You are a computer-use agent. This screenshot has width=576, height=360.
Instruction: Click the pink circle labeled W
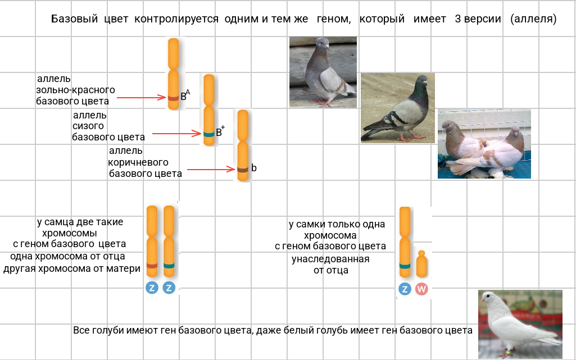tap(421, 289)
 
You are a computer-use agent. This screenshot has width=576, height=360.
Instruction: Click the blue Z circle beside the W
tap(405, 289)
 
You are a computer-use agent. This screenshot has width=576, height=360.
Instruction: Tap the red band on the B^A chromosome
tap(174, 98)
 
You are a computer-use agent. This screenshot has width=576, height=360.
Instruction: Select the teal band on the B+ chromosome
tap(208, 134)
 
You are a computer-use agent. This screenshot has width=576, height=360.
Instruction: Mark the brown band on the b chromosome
tap(243, 170)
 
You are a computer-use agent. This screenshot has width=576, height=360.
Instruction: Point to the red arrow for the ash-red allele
tap(142, 98)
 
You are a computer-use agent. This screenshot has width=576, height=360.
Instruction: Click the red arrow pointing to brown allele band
tap(211, 169)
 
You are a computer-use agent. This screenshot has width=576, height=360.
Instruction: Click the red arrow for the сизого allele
tap(176, 134)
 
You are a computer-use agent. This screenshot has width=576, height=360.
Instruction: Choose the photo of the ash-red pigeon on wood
tap(323, 72)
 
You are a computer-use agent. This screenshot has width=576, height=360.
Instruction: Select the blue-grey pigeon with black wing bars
tap(398, 108)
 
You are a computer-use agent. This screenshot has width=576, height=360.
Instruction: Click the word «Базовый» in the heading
tap(74, 19)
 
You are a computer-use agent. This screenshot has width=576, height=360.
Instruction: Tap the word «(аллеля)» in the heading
tap(533, 19)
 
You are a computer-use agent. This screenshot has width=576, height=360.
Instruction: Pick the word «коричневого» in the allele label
tap(138, 162)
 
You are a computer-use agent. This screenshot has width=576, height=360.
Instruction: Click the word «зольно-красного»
tap(75, 90)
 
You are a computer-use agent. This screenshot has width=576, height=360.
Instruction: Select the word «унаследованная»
tap(330, 259)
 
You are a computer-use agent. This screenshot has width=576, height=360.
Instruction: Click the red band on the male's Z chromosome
tap(152, 266)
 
